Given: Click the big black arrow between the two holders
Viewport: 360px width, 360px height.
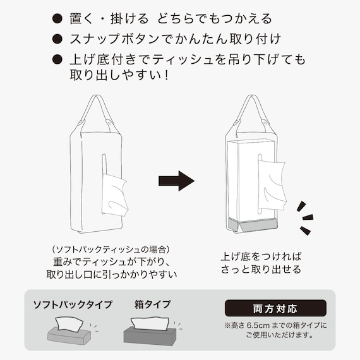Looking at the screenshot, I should (176, 181).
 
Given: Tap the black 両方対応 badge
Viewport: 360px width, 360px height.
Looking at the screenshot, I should (275, 309).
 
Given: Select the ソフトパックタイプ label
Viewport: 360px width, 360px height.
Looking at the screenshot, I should (73, 305).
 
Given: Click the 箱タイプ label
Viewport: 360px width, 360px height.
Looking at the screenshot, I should (152, 305).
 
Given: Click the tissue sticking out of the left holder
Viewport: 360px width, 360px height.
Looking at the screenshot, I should (114, 195).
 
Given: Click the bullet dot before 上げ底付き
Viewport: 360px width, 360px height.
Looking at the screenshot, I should (57, 61).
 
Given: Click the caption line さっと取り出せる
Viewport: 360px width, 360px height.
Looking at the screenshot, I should (261, 270).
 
